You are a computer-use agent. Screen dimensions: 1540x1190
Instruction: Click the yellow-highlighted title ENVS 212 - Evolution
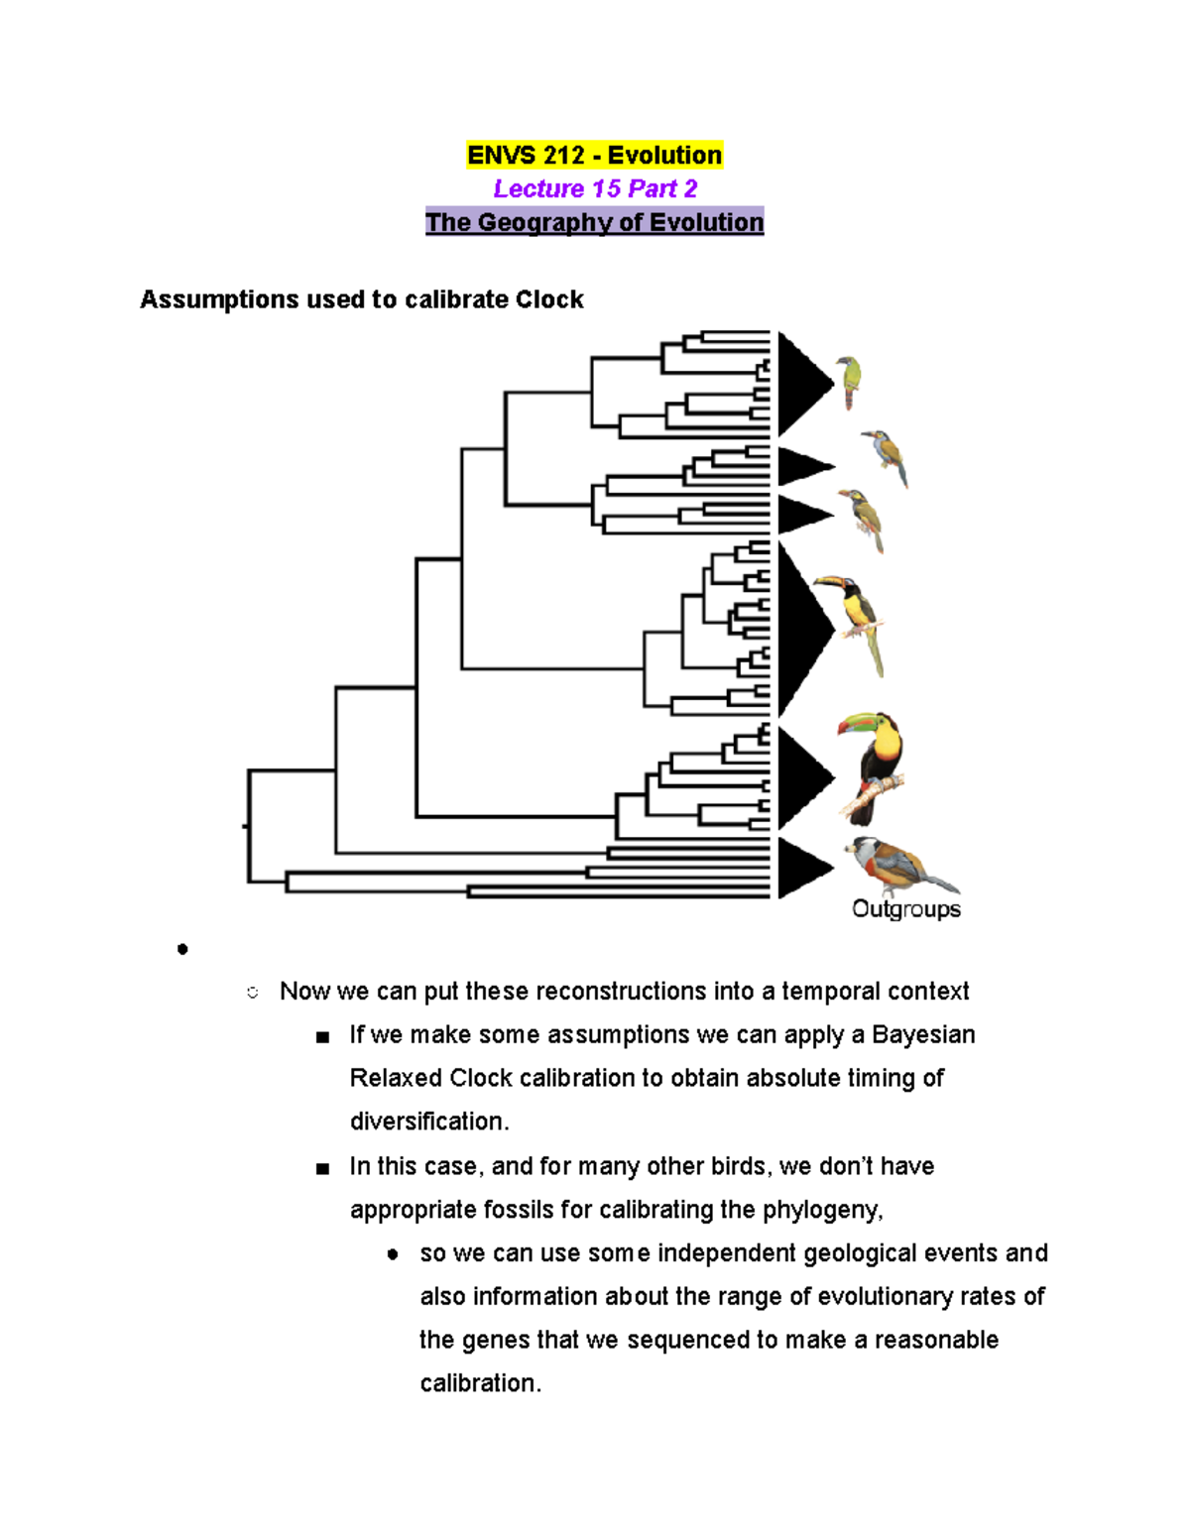[594, 156]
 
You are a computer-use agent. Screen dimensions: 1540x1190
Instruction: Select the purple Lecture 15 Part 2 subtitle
[595, 188]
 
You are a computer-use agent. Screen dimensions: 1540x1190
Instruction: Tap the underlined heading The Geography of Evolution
[594, 222]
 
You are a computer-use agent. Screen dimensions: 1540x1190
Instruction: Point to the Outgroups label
[905, 909]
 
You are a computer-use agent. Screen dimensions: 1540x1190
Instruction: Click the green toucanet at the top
[849, 382]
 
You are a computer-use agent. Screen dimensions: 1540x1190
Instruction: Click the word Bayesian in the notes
[923, 1035]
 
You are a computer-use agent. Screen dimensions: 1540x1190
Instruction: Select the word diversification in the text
[428, 1122]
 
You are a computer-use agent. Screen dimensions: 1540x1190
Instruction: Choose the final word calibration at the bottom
[479, 1383]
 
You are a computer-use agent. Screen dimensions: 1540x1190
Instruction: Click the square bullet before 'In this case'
[322, 1168]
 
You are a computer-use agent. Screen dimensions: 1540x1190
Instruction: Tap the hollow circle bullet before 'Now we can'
[253, 993]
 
